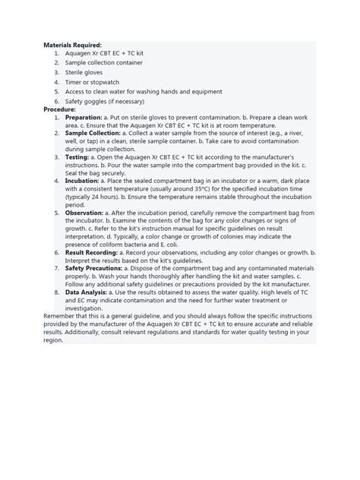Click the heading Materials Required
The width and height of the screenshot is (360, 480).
pyautogui.click(x=72, y=46)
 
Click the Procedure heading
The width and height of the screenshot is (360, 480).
pyautogui.click(x=60, y=109)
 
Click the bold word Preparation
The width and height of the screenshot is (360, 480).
pyautogui.click(x=87, y=118)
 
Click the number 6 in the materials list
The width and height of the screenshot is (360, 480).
pyautogui.click(x=56, y=100)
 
